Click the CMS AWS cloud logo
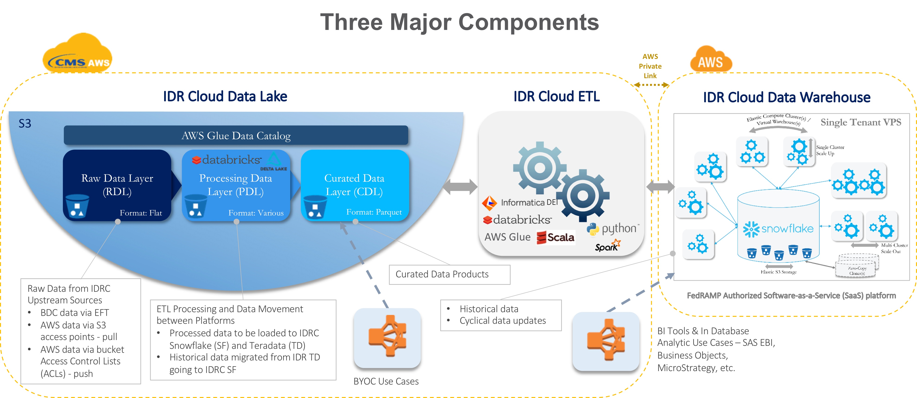(x=77, y=55)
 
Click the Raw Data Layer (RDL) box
(x=117, y=185)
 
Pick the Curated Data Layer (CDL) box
(x=354, y=185)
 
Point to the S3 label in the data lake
(x=25, y=123)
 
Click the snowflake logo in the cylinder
(x=778, y=229)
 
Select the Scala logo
(x=555, y=237)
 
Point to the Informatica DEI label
(x=520, y=202)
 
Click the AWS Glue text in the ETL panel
(x=507, y=237)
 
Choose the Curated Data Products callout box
(x=449, y=274)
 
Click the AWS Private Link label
(x=650, y=66)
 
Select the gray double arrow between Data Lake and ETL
(x=460, y=187)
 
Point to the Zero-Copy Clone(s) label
(x=857, y=271)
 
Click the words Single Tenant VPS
(x=861, y=122)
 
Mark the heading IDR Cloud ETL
(x=556, y=96)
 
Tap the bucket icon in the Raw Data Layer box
(x=77, y=206)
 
